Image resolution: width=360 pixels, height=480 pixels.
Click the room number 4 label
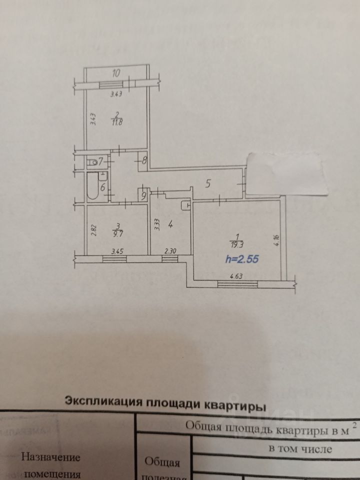pyautogui.click(x=170, y=225)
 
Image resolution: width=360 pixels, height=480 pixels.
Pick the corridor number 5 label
pyautogui.click(x=209, y=183)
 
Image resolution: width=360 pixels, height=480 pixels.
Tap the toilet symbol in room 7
pyautogui.click(x=92, y=162)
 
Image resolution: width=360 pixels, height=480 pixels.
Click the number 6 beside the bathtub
pyautogui.click(x=102, y=188)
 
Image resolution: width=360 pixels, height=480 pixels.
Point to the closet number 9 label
pyautogui.click(x=144, y=195)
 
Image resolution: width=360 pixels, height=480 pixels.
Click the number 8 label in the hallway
pyautogui.click(x=144, y=161)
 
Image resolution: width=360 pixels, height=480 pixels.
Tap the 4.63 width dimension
pyautogui.click(x=236, y=274)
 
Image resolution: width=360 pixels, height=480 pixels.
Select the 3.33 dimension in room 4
pyautogui.click(x=157, y=224)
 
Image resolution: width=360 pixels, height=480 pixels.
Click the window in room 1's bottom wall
pyautogui.click(x=237, y=284)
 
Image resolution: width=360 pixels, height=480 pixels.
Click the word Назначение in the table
pyautogui.click(x=49, y=457)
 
